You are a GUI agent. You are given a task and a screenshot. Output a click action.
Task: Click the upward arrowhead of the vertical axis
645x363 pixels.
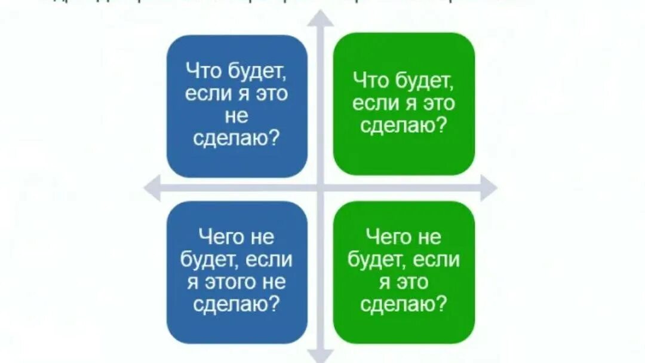[321, 18]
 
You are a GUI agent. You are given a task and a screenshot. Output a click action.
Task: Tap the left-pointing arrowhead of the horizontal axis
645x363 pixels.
[153, 188]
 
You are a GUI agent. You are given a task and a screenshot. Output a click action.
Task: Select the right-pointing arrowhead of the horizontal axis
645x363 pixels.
[489, 188]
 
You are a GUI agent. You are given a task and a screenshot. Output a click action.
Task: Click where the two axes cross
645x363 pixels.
[321, 188]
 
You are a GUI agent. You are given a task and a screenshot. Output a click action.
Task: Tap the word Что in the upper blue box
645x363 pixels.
[204, 72]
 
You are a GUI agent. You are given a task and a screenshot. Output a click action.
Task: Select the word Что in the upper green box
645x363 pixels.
[370, 81]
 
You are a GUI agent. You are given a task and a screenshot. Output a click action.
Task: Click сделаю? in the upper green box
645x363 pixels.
[404, 126]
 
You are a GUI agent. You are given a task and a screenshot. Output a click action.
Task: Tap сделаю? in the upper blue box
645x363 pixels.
[237, 139]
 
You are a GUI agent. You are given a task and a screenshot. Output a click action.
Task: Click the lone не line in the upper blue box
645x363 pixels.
[237, 117]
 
